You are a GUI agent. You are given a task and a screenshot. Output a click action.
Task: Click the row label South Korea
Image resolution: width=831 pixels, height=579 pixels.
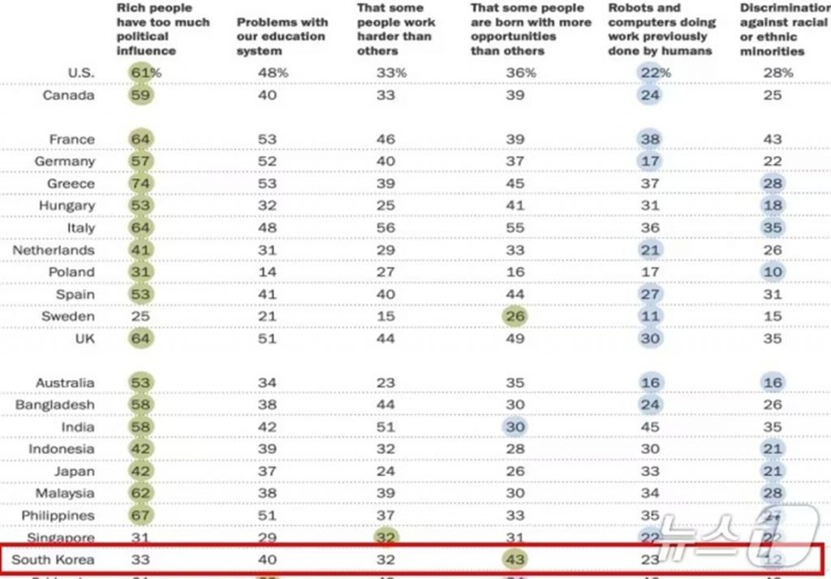[53, 560]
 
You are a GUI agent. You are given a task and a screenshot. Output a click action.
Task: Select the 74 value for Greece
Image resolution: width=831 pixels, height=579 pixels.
[141, 184]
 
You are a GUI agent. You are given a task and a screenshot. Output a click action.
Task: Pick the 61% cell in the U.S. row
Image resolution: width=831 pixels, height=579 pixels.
[145, 72]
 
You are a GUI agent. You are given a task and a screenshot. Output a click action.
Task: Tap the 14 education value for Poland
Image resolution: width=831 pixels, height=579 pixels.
[267, 271]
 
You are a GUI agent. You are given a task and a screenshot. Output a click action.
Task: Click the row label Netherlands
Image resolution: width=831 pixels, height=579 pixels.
[54, 250]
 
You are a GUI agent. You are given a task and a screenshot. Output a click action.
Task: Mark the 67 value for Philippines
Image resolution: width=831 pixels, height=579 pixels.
[141, 515]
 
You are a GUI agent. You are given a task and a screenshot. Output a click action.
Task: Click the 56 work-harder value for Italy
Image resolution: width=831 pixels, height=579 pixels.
[386, 227]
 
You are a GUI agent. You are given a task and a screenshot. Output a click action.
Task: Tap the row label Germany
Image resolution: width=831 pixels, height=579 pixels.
[66, 161]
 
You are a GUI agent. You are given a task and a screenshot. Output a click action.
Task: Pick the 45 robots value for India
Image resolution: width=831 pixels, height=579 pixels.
[649, 426]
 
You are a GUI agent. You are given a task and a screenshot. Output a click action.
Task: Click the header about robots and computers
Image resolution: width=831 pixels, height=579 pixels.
[661, 29]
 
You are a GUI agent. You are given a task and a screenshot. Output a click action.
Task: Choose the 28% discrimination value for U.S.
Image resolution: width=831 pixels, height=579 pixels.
[777, 72]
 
